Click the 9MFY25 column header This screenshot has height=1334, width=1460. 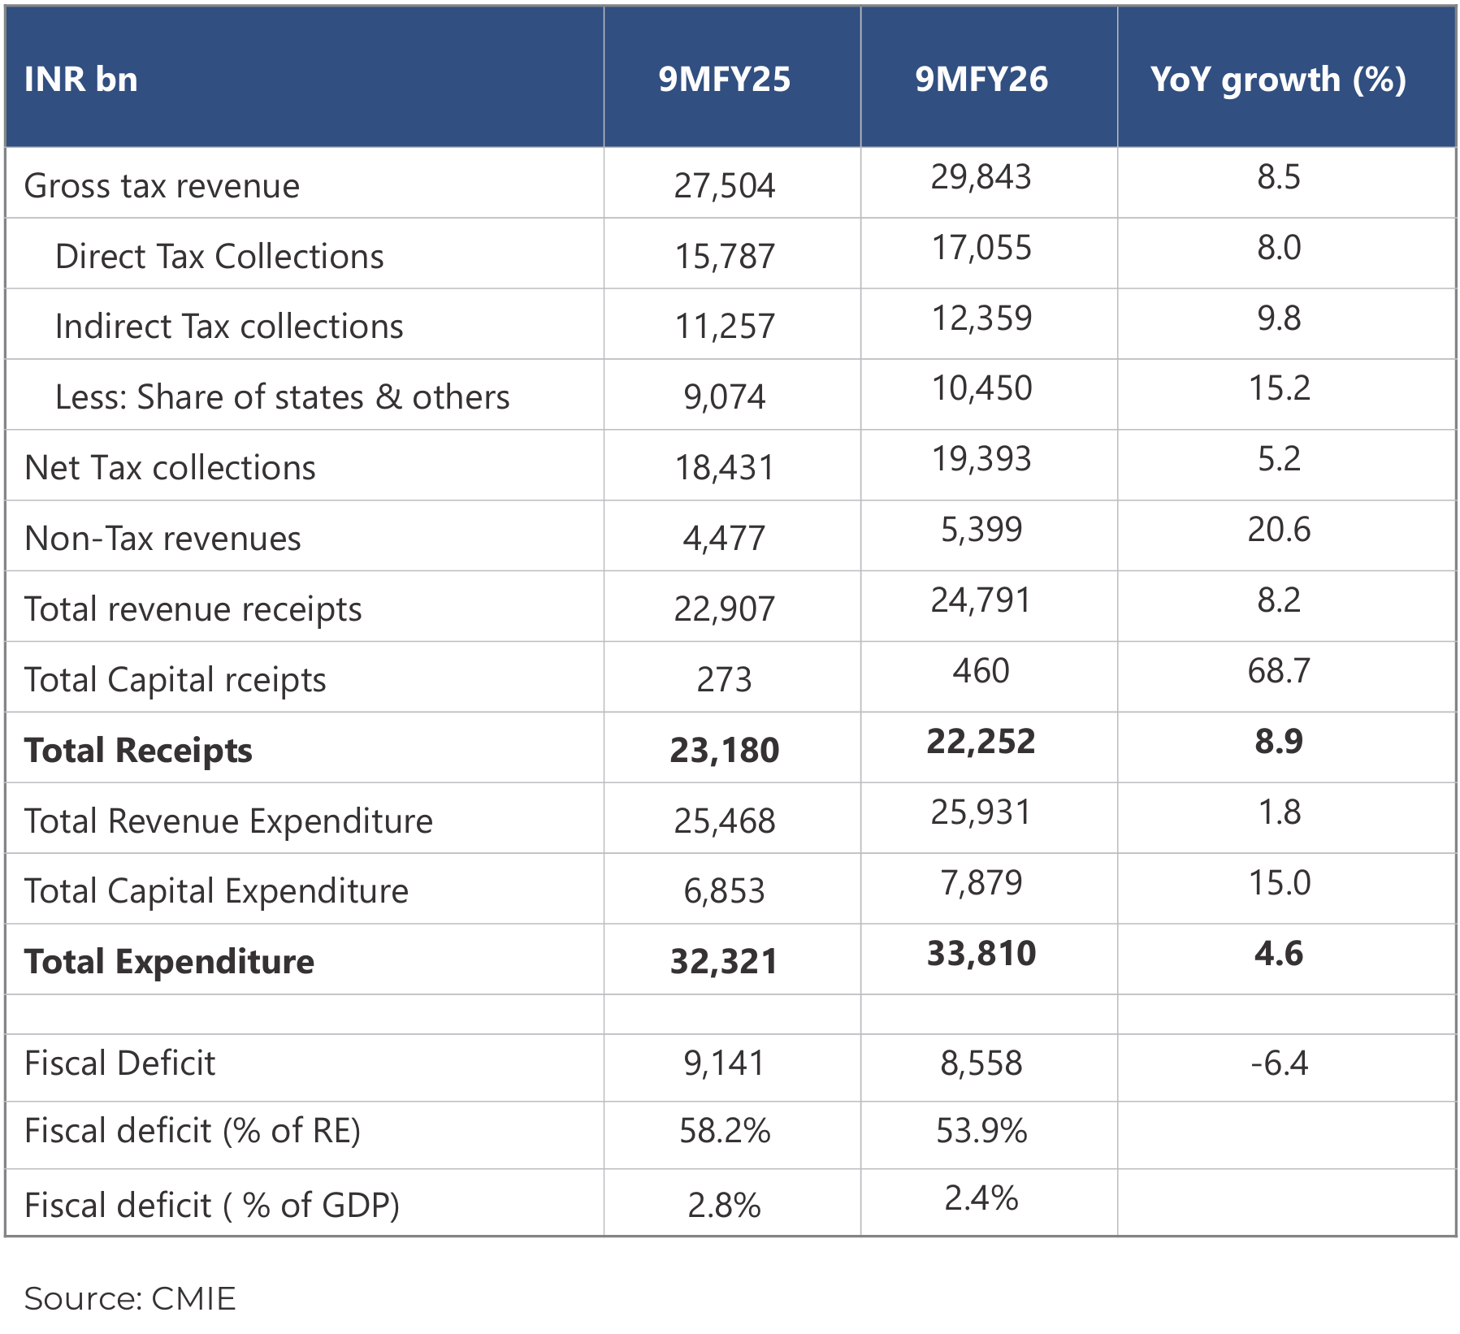click(x=723, y=79)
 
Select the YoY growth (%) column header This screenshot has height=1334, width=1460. click(x=1278, y=79)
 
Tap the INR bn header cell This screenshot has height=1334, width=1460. click(x=80, y=79)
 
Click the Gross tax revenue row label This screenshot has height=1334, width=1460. click(x=162, y=186)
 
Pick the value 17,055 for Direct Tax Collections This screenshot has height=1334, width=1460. click(x=981, y=247)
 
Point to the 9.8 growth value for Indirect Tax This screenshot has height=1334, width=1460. click(x=1278, y=318)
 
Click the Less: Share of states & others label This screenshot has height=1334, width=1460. click(x=282, y=397)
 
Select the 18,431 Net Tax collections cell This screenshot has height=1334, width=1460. click(x=724, y=468)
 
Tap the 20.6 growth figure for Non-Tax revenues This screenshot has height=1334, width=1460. click(x=1278, y=529)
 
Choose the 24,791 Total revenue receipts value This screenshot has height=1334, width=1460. click(x=981, y=600)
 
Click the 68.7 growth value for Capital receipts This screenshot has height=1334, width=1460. click(x=1278, y=670)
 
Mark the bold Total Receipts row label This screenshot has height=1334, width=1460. click(x=138, y=750)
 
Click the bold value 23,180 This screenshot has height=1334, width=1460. click(x=724, y=750)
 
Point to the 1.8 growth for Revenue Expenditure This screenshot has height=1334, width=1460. click(x=1278, y=812)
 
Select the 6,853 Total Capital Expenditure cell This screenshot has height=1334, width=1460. click(x=724, y=891)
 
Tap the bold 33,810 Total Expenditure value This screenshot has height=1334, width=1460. click(x=981, y=953)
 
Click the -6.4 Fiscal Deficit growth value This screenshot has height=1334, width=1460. click(x=1278, y=1063)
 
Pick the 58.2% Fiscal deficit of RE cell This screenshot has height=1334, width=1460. click(x=724, y=1130)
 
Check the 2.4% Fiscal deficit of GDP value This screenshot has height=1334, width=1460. click(x=981, y=1198)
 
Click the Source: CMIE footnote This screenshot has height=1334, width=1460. click(x=130, y=1298)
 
